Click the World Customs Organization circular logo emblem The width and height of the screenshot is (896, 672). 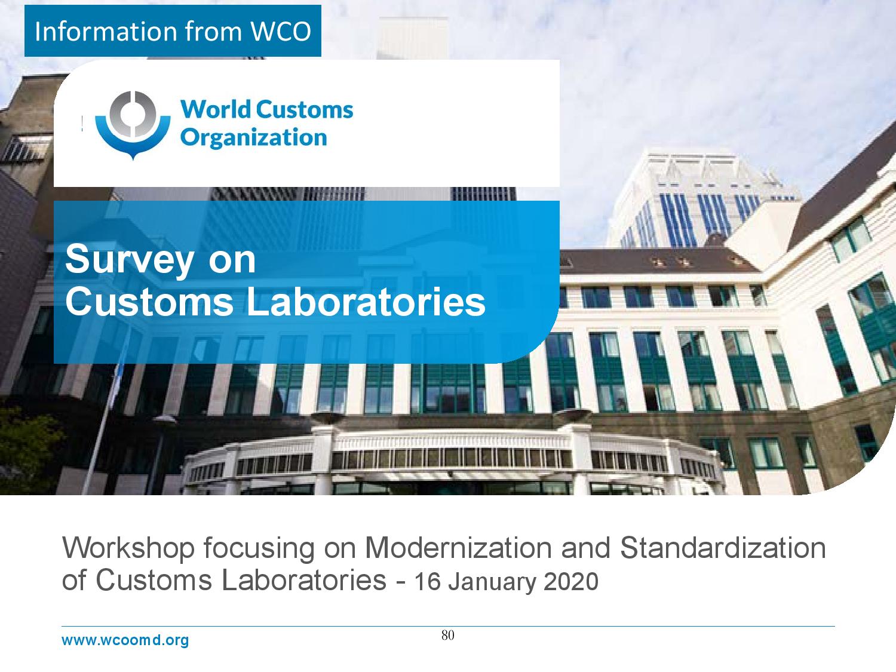tap(133, 125)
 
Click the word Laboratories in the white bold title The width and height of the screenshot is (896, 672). tap(366, 302)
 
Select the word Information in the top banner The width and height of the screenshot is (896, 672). tap(106, 31)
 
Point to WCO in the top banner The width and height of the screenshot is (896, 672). tap(280, 31)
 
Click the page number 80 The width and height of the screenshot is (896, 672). tap(448, 636)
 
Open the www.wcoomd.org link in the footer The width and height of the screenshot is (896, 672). tap(125, 640)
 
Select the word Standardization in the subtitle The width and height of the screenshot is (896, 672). tap(723, 548)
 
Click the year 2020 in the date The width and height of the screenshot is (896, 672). tap(571, 581)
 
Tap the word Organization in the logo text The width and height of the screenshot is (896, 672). tap(253, 138)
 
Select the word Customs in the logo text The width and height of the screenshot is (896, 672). tap(305, 110)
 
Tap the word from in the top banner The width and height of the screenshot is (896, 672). tap(213, 31)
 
